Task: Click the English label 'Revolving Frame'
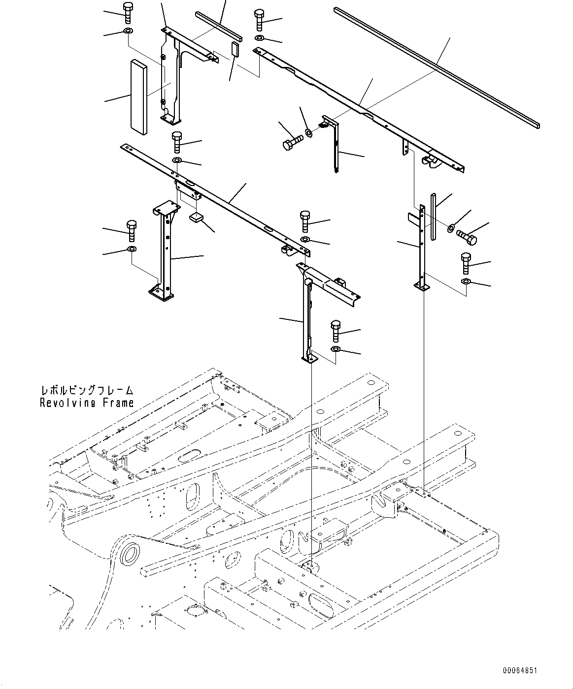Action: click(x=87, y=403)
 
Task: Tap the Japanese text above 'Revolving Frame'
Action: click(x=87, y=391)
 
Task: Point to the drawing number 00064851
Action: click(x=520, y=670)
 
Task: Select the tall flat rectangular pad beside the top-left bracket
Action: click(x=138, y=96)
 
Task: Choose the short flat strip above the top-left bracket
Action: click(x=218, y=26)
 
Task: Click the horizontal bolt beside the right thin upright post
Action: click(x=467, y=237)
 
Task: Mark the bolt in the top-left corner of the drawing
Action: click(x=128, y=12)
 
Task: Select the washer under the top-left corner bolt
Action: click(x=128, y=32)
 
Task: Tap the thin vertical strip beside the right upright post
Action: click(x=433, y=217)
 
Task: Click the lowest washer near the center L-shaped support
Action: click(x=336, y=349)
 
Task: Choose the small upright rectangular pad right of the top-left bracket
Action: click(x=235, y=49)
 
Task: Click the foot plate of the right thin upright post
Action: click(x=420, y=285)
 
